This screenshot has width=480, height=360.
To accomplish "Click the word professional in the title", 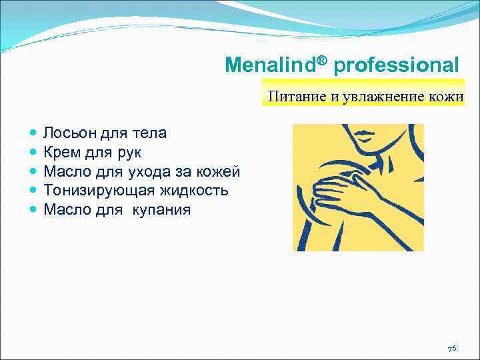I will click(396, 65).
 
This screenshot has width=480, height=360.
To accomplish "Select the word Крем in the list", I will click(62, 153).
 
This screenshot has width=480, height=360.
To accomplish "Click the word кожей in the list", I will click(219, 172).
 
